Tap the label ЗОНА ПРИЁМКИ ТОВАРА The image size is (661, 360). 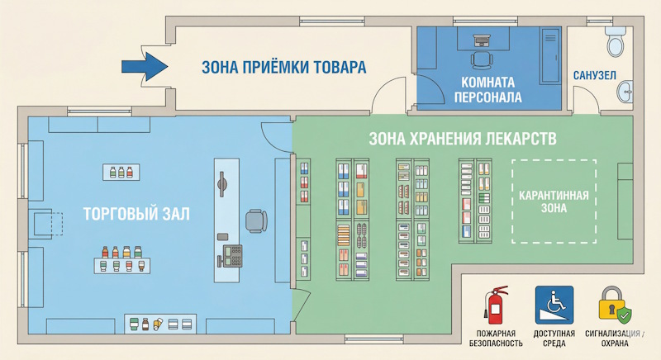[x=283, y=67]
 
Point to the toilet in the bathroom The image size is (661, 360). [x=615, y=41]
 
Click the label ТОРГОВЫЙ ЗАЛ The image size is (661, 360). [x=136, y=214]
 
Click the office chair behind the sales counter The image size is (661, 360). [x=256, y=220]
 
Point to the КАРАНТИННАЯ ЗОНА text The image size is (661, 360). [x=553, y=201]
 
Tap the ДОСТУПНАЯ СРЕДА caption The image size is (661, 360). [x=554, y=339]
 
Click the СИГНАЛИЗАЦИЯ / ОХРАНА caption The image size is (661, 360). [x=621, y=339]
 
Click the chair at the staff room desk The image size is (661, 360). [x=482, y=59]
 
